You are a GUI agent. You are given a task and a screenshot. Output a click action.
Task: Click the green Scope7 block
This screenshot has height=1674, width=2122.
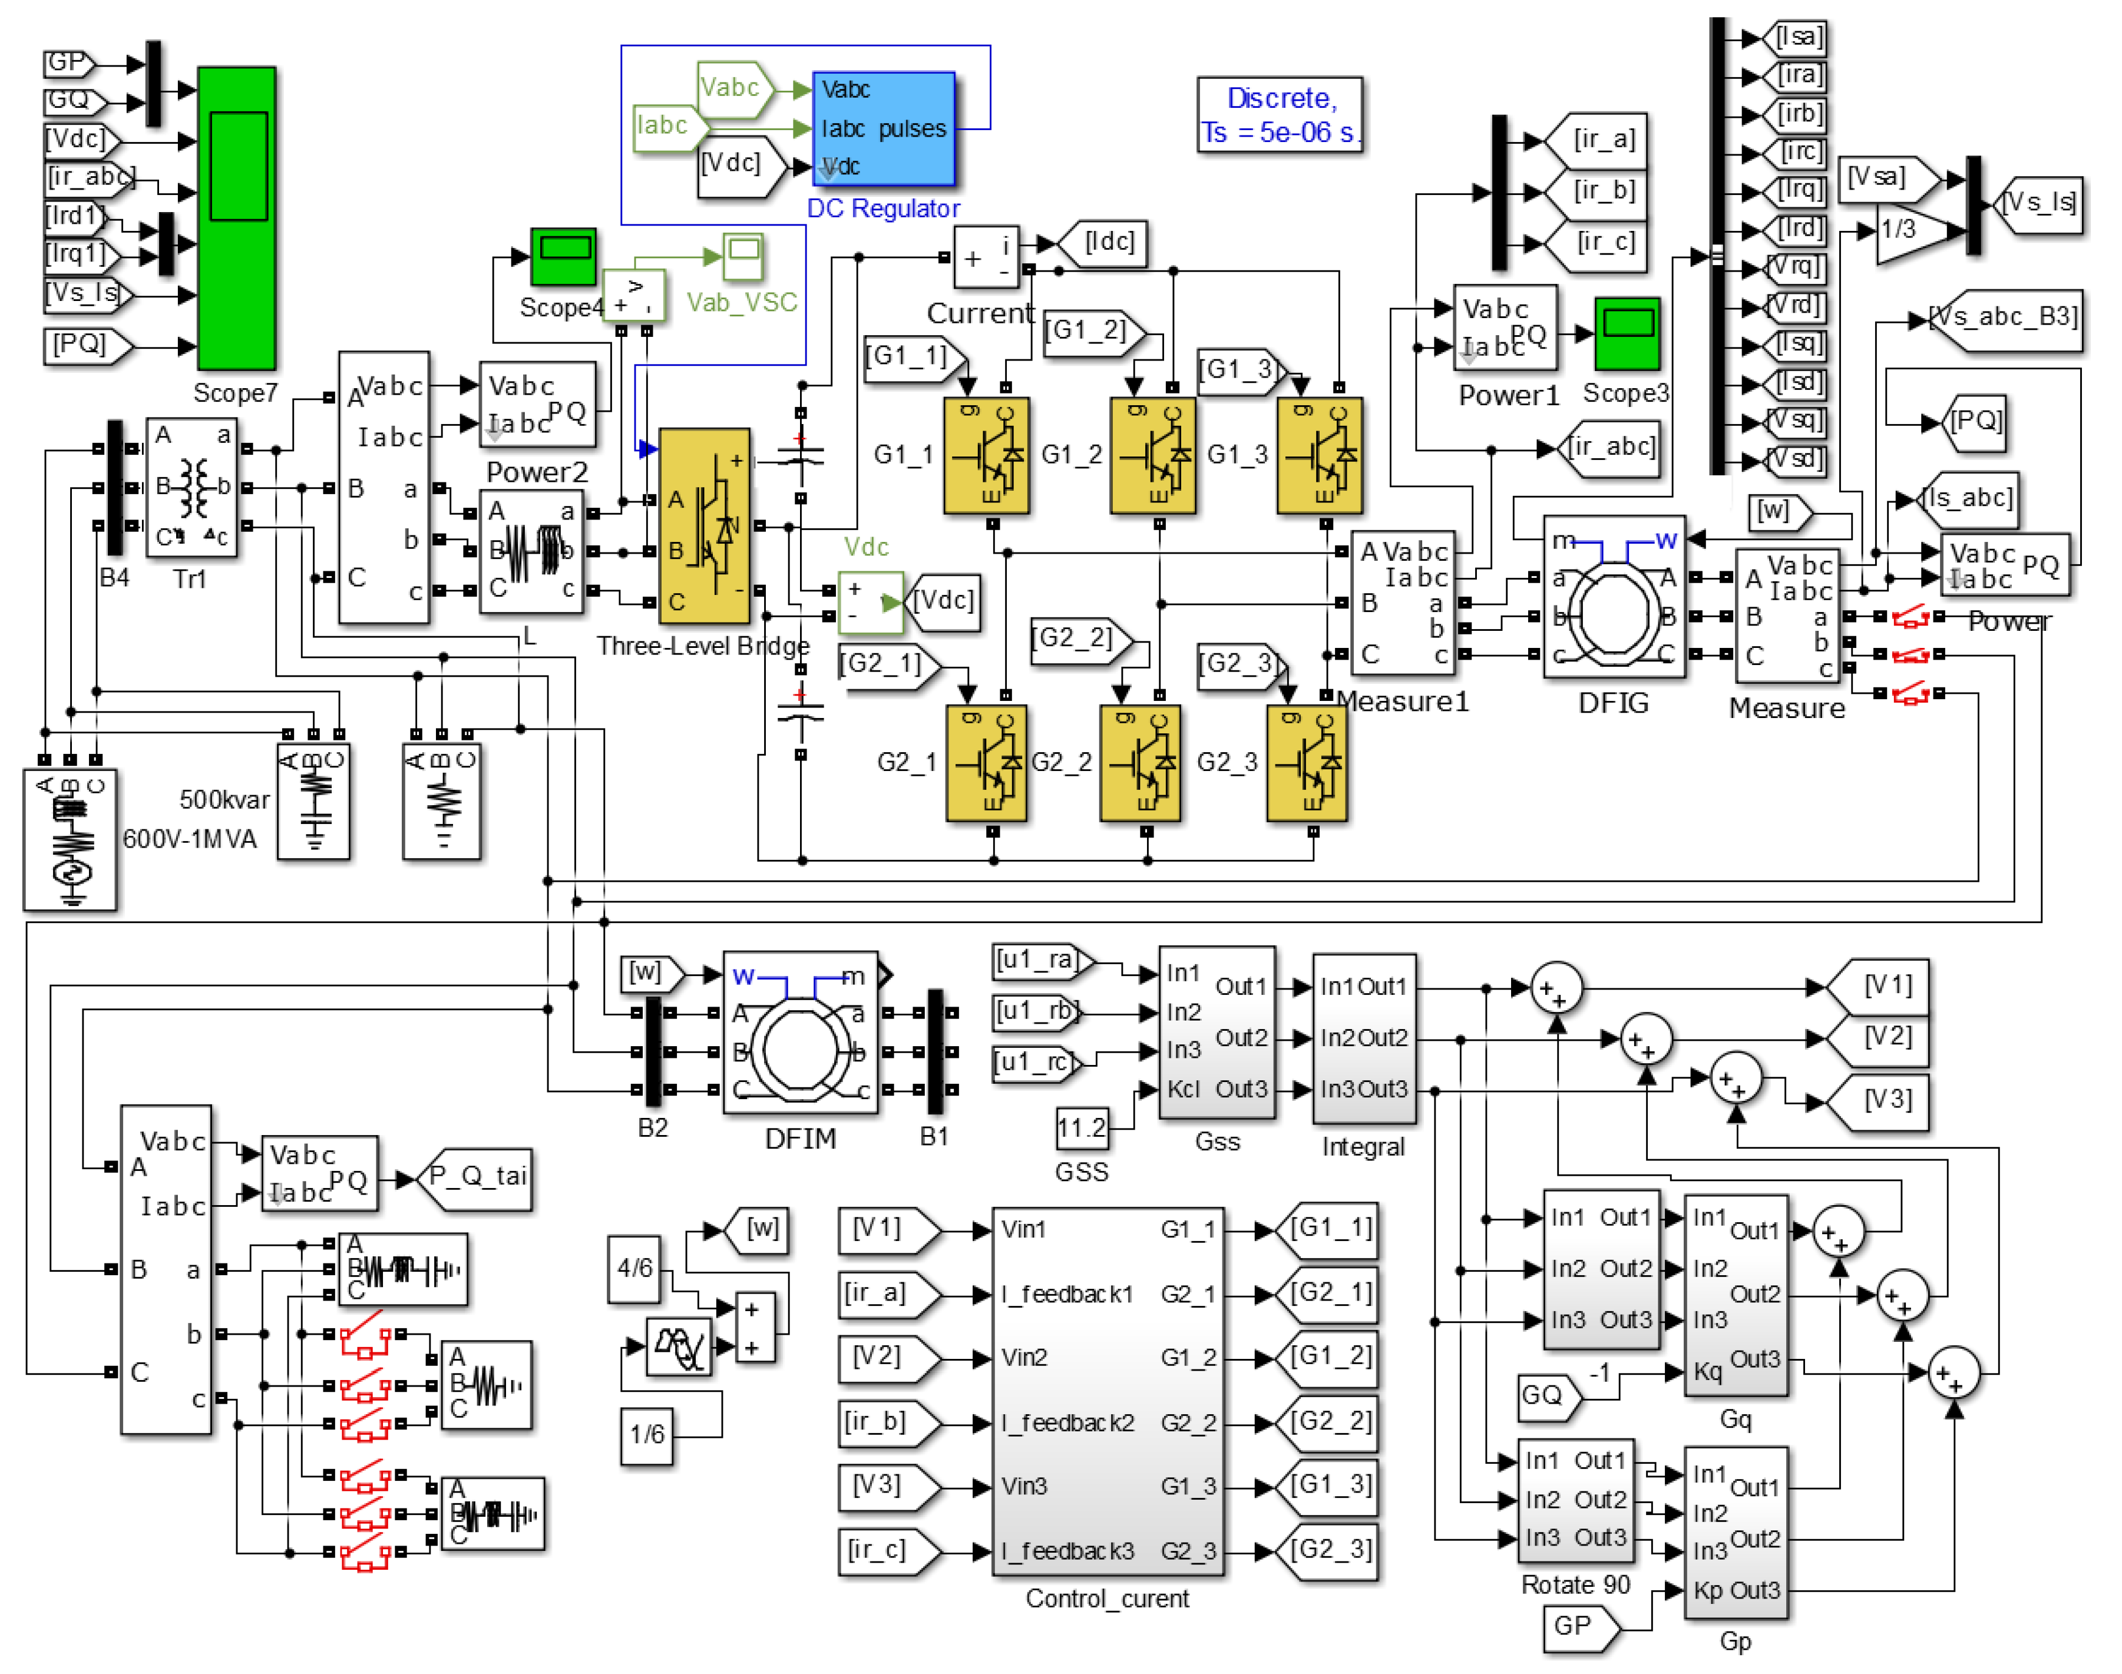tap(236, 217)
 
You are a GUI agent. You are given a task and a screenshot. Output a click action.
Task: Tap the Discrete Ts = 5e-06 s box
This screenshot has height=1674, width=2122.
tap(1279, 115)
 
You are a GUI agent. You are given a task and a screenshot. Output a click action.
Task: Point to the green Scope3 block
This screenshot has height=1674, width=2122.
tap(1627, 333)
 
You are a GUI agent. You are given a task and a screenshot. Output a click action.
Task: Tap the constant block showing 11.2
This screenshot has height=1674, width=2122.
tap(1081, 1128)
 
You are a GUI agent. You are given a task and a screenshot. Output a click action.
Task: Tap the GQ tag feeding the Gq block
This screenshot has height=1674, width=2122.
tap(1546, 1395)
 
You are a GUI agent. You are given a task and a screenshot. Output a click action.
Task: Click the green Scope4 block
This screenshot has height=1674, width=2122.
tap(563, 257)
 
